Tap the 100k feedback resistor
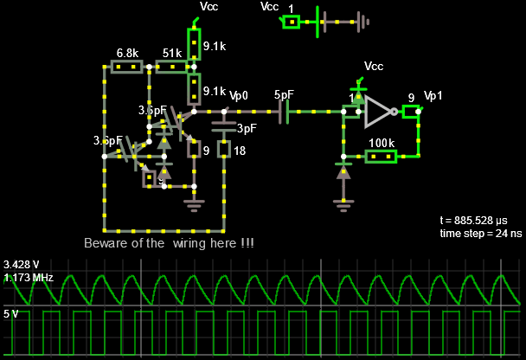tap(381, 157)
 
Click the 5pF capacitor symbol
tap(284, 111)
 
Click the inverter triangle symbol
tap(379, 111)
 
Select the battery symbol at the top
tap(325, 21)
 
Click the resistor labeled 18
tap(224, 151)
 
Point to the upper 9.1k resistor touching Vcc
tap(194, 42)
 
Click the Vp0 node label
tap(239, 95)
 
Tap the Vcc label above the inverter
tap(374, 66)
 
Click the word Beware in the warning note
tap(106, 243)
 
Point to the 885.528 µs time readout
tap(480, 221)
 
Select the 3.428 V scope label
tap(21, 264)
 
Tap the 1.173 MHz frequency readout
tap(29, 278)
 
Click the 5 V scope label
tap(12, 315)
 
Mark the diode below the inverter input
tap(344, 171)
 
